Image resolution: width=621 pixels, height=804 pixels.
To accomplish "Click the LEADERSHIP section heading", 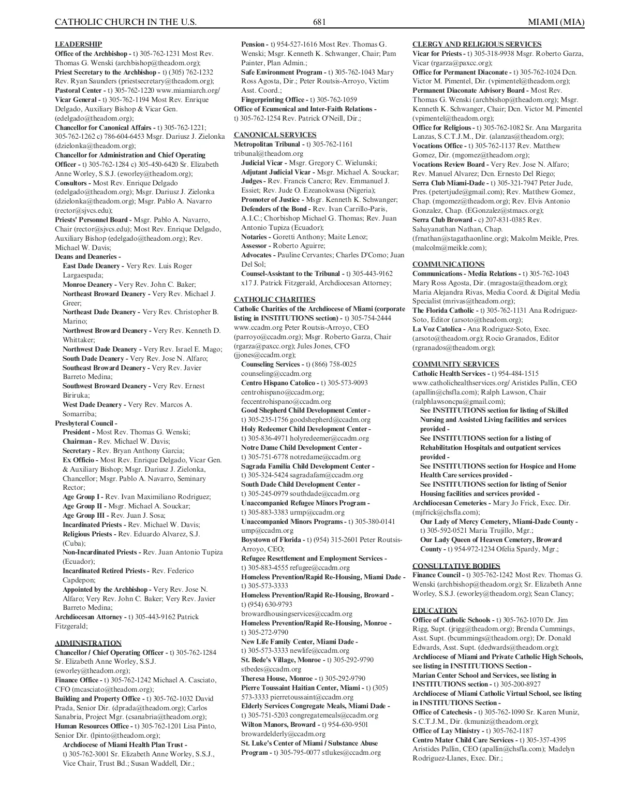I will click(x=79, y=44).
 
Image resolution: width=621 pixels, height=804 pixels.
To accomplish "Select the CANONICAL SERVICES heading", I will click(x=275, y=135).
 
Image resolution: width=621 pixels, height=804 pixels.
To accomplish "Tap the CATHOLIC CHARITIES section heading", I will click(x=274, y=299).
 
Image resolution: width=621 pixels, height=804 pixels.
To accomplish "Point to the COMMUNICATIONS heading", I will click(x=448, y=264).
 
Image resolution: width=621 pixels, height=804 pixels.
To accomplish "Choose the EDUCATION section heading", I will click(x=435, y=610).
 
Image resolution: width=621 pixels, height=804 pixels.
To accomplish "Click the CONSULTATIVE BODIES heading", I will click(x=456, y=566).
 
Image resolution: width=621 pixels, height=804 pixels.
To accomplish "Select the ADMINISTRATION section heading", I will click(x=88, y=643).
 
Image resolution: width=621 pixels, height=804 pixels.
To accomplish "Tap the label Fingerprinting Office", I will click(x=274, y=99).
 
